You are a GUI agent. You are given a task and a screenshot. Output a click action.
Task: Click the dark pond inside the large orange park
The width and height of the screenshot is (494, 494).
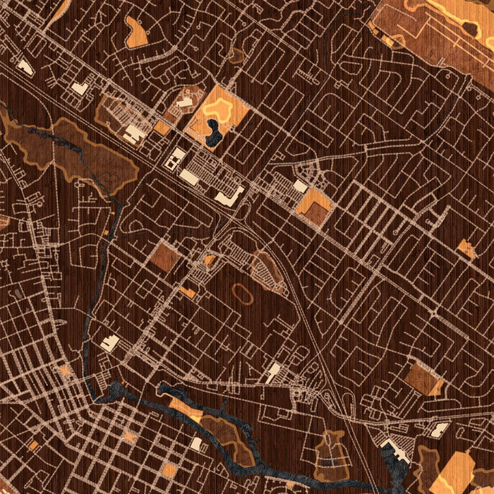213,133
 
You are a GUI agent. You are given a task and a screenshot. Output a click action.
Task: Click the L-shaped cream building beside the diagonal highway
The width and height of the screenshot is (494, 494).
231,196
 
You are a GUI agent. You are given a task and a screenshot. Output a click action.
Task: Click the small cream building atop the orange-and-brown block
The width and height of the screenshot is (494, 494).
301,186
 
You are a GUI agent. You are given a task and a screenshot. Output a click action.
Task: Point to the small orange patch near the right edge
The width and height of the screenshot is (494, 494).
466,248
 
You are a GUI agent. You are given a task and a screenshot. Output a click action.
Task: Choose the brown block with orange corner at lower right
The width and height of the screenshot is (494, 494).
424,379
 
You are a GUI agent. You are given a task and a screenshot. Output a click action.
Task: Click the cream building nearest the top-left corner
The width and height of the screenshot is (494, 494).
25,67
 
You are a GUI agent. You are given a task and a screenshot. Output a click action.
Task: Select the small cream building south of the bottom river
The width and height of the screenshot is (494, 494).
196,443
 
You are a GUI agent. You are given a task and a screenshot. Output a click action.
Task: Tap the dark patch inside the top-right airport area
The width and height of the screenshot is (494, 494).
468,28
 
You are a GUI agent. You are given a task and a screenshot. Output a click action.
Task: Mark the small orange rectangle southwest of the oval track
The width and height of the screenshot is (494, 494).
188,291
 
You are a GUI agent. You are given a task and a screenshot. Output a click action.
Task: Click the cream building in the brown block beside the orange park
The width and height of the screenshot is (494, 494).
185,103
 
